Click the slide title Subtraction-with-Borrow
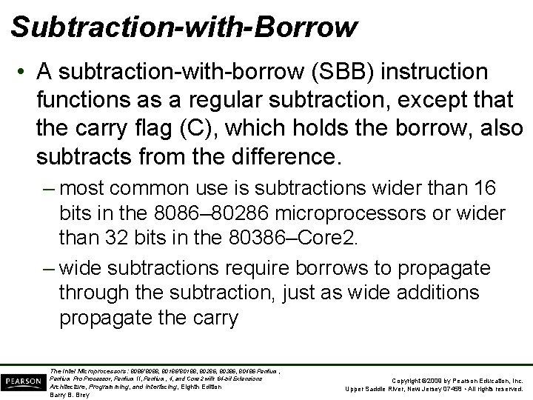pyautogui.click(x=184, y=27)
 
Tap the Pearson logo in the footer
pyautogui.click(x=22, y=381)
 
